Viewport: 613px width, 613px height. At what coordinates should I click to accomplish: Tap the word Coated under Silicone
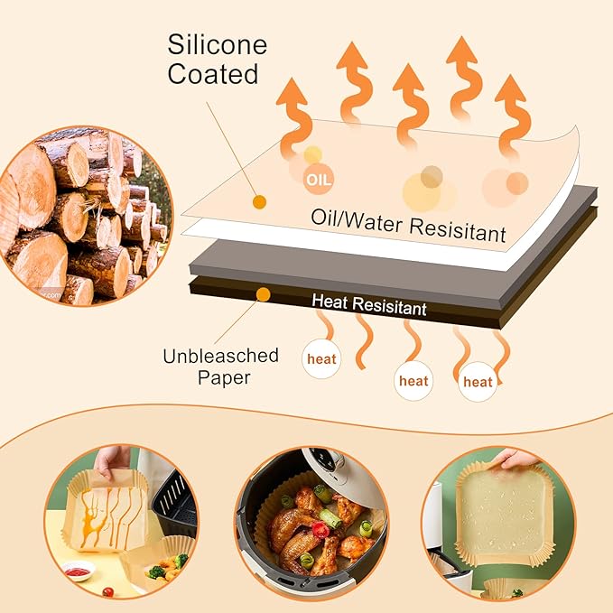[x=214, y=74]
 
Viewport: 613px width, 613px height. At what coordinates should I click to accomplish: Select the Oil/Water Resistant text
[x=407, y=225]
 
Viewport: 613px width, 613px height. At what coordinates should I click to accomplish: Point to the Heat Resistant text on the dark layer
[x=368, y=304]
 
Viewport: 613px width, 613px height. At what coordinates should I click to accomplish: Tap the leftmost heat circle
[x=321, y=358]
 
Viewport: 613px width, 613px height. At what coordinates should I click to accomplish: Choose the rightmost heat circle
[x=477, y=382]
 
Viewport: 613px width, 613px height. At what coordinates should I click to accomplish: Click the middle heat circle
[x=413, y=381]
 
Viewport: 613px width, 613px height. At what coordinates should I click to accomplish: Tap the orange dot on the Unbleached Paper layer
[x=263, y=294]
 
